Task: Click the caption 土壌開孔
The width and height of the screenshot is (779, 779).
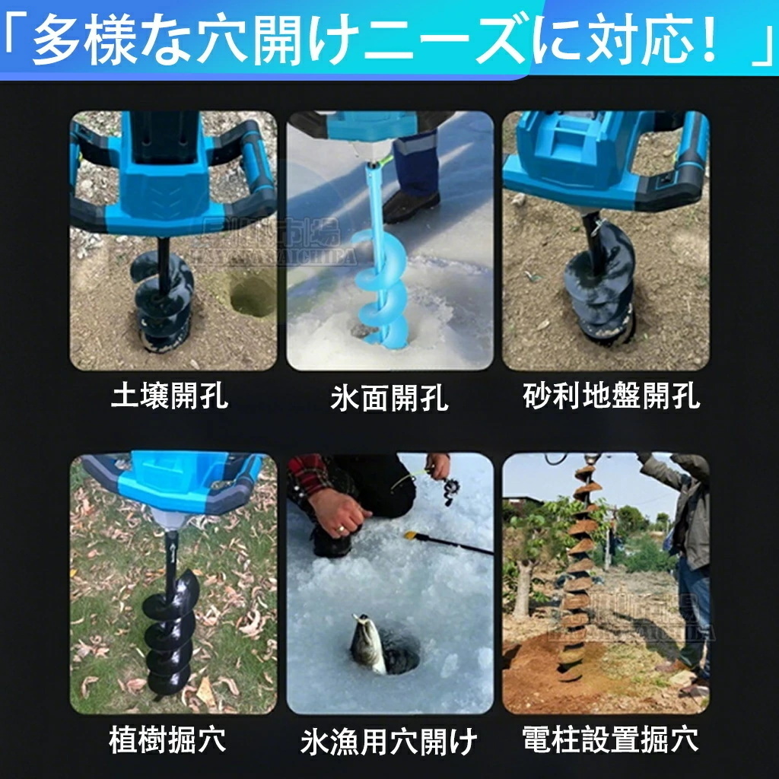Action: tap(169, 396)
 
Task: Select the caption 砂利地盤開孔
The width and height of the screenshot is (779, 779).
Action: tap(612, 396)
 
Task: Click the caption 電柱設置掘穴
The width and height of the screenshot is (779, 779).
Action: tap(611, 739)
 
